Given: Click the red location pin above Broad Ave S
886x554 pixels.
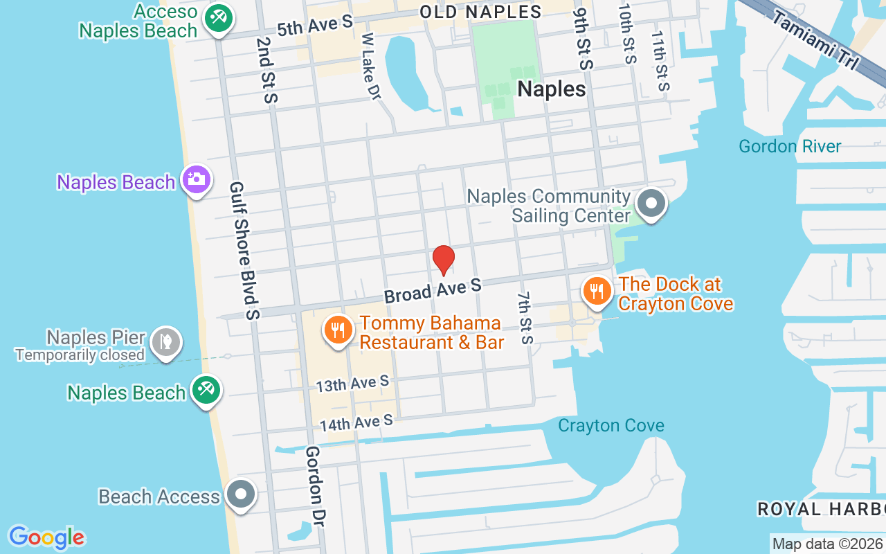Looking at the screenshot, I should coord(443,260).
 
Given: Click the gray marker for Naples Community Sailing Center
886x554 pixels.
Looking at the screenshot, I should coord(651,204).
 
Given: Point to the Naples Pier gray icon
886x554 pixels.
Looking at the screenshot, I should coord(166,341).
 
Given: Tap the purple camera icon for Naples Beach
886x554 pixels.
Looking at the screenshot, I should coord(197,180).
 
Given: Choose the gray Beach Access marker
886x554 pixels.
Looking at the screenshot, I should coord(241,495).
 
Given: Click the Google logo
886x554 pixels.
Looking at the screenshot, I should coord(46,537).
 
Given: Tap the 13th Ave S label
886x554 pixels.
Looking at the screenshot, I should coord(353,384).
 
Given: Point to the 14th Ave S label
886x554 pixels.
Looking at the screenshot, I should coord(356,422).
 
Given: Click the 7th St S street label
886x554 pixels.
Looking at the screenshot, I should coord(525,317).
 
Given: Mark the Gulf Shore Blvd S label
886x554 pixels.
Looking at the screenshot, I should coord(244,251).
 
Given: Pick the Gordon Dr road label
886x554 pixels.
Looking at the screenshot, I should coord(314,485).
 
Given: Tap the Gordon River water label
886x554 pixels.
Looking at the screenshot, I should coord(790,146).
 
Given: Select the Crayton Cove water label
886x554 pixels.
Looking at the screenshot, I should coord(611,425).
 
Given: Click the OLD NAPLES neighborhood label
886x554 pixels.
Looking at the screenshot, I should coord(481,12).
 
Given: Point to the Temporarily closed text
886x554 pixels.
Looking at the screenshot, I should coord(80,355).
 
